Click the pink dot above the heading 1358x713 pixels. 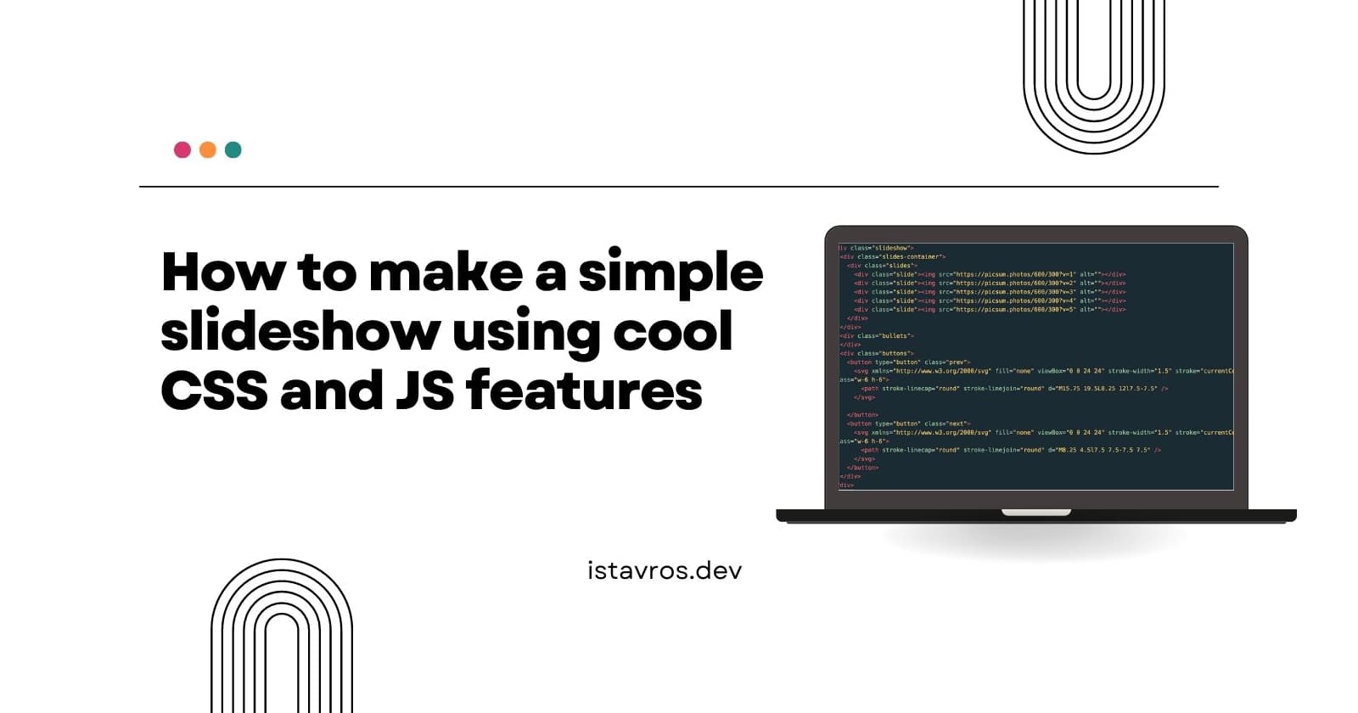point(182,150)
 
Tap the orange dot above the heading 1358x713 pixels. point(208,150)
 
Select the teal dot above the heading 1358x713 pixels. point(233,150)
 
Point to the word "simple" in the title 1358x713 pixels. point(671,272)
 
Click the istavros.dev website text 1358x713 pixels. point(665,570)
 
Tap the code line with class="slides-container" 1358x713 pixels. point(892,256)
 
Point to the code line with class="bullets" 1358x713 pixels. point(877,336)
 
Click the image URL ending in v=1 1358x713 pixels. point(1015,274)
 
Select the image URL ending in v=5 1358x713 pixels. point(1015,310)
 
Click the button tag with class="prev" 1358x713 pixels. point(908,362)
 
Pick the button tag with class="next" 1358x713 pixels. point(908,424)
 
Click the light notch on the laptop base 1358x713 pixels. point(1036,513)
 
